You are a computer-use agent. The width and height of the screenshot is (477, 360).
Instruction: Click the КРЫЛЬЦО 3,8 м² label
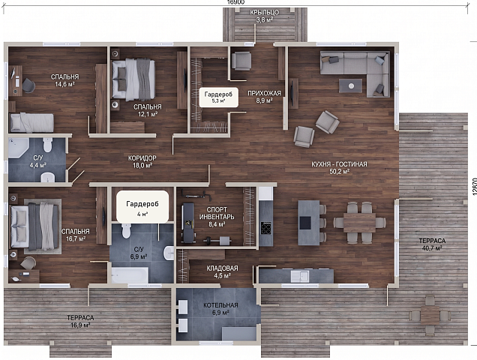264,16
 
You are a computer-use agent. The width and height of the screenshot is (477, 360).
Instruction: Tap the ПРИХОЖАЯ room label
264,93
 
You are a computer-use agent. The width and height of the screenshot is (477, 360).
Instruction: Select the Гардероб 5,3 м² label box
218,97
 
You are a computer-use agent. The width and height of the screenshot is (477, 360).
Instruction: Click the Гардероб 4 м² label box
142,207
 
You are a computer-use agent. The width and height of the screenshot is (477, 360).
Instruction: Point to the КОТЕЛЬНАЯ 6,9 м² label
220,308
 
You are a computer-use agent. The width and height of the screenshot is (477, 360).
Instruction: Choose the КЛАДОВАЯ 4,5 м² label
222,271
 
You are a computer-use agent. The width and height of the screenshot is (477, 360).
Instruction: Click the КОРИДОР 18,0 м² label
142,161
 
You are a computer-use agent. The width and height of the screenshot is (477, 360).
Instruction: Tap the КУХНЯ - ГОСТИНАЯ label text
339,164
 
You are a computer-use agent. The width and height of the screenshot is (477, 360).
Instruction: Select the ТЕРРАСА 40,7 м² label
432,244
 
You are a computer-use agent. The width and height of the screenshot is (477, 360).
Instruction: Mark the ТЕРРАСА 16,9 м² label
80,321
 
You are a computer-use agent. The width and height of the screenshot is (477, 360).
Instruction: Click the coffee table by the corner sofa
350,85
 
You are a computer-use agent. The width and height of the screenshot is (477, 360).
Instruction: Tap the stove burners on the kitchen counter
266,227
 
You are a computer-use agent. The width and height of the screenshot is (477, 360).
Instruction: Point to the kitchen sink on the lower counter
300,276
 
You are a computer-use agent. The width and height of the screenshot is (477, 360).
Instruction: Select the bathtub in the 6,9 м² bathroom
130,275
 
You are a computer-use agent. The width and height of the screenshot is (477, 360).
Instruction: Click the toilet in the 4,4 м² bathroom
48,145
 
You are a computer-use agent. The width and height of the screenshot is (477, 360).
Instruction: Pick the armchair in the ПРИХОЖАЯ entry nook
241,61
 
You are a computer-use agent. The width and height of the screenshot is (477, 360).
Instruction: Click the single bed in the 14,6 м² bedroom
32,123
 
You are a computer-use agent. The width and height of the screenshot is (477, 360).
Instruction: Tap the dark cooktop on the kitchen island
305,223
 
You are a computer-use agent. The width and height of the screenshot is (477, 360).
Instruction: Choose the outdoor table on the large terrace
430,315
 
